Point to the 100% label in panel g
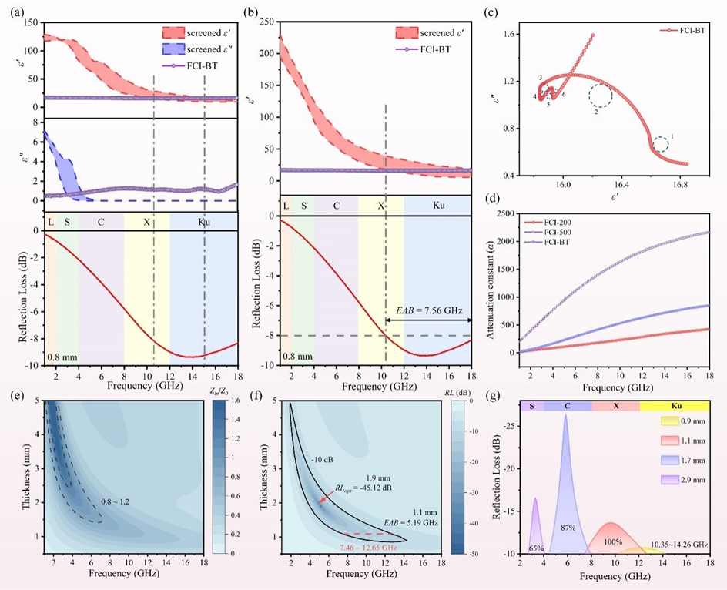(x=612, y=542)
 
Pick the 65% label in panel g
(x=536, y=548)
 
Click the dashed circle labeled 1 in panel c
(x=661, y=144)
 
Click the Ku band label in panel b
(x=438, y=206)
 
